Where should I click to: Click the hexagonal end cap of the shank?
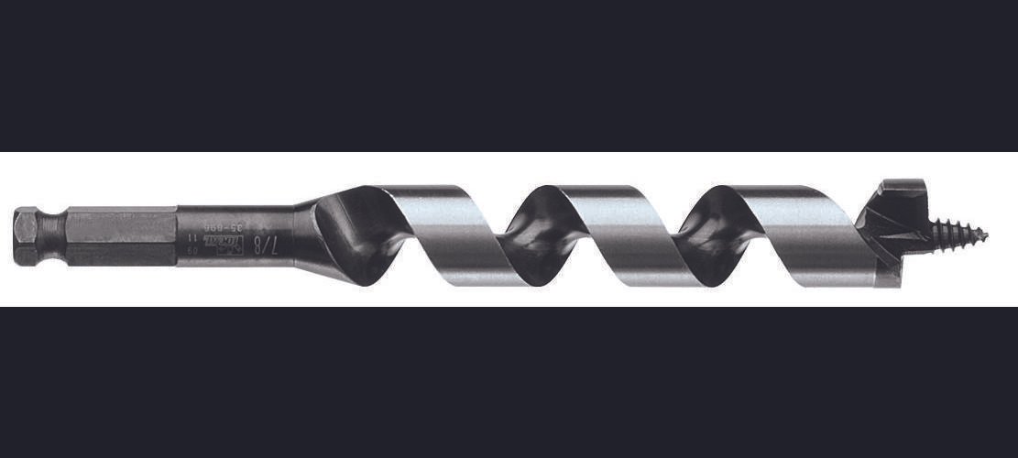tap(26, 236)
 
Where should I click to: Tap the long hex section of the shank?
tap(119, 236)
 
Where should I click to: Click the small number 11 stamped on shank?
tap(195, 236)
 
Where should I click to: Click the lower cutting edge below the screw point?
tap(889, 270)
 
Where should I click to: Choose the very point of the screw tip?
tap(986, 233)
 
